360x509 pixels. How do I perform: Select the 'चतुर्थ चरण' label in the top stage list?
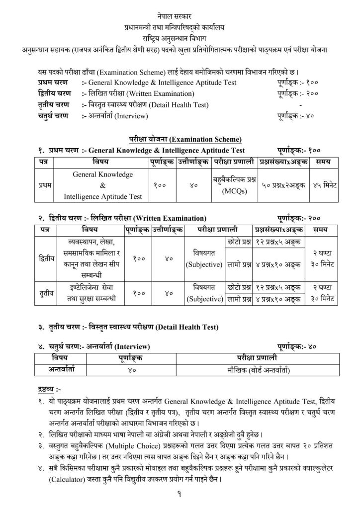pyautogui.click(x=54, y=116)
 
